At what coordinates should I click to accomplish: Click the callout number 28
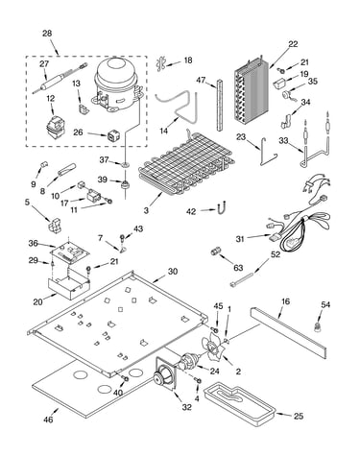[x=47, y=34]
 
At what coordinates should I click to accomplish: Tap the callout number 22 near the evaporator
[x=293, y=44]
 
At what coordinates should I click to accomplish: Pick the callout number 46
[x=49, y=420]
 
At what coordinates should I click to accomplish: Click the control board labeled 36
[x=69, y=252]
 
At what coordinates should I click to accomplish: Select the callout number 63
[x=238, y=268]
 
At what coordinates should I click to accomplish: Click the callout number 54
[x=325, y=305]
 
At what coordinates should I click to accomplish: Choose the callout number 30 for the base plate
[x=173, y=272]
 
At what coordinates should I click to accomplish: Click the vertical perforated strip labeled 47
[x=219, y=106]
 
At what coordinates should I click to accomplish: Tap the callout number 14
[x=164, y=131]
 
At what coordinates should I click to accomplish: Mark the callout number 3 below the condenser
[x=146, y=210]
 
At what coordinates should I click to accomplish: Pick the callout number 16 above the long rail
[x=286, y=301]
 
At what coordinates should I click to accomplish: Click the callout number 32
[x=187, y=407]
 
